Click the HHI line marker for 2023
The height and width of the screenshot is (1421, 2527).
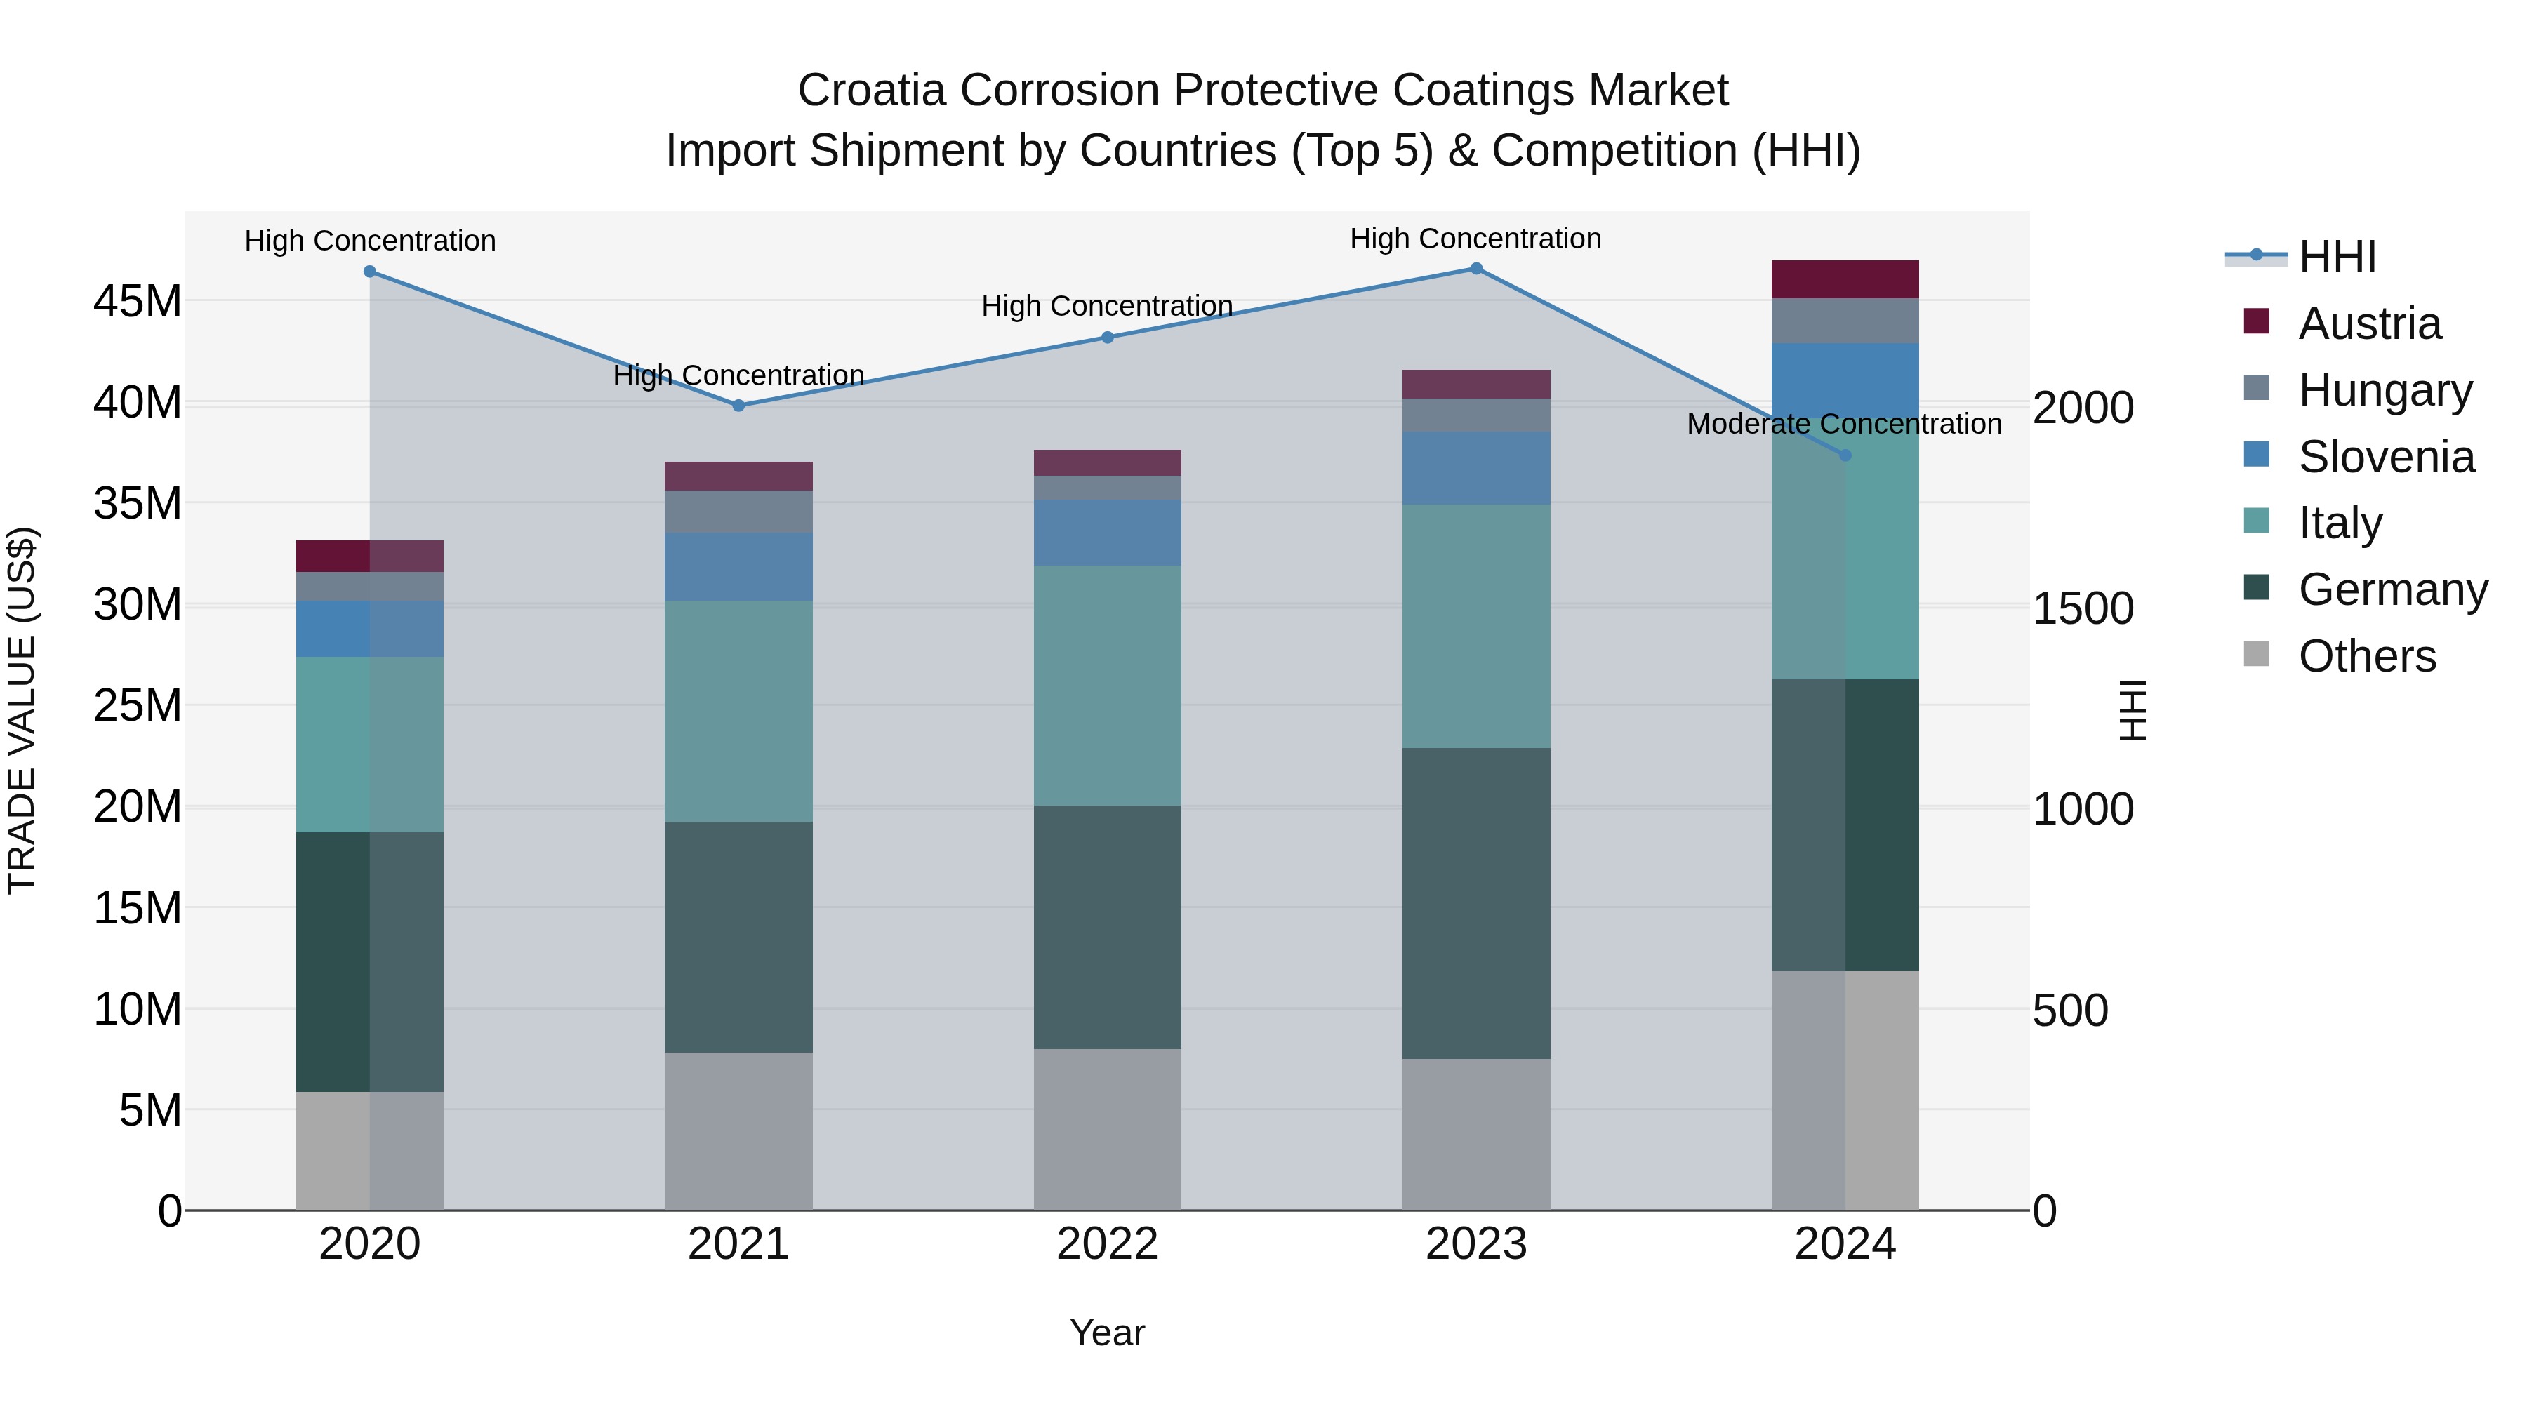coord(1475,269)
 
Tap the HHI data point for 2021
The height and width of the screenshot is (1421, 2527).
coord(738,405)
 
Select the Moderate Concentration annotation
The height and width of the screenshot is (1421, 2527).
coord(1843,424)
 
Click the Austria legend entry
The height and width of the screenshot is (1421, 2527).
coord(2368,323)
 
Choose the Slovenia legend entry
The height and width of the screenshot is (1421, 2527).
coord(2386,457)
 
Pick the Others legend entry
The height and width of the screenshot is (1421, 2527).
coord(2366,656)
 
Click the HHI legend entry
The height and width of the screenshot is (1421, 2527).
coord(2337,257)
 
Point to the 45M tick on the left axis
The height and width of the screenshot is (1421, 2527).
coord(138,301)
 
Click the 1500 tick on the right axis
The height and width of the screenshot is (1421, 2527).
coord(2083,609)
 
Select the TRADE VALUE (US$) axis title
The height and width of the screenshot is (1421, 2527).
coord(22,710)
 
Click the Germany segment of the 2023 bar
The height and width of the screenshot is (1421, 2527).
coord(1475,902)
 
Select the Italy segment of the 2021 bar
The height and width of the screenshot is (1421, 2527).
coord(738,710)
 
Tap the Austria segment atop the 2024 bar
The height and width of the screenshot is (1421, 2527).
coord(1844,279)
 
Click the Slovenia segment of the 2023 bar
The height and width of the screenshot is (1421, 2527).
coord(1475,468)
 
